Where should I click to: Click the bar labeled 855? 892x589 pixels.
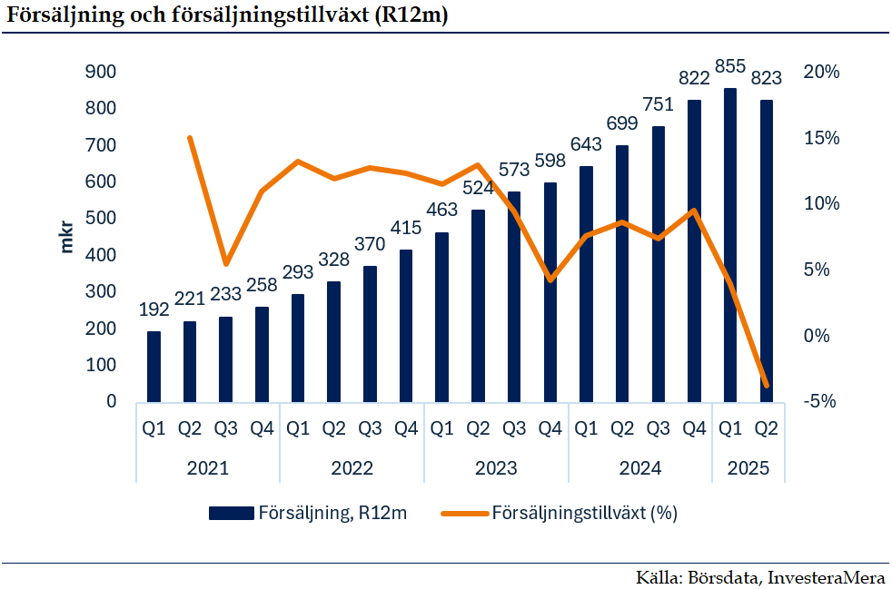[x=729, y=245]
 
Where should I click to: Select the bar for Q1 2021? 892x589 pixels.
[x=154, y=367]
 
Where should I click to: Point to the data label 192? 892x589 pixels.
[x=154, y=310]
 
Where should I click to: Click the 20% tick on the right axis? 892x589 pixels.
[x=823, y=73]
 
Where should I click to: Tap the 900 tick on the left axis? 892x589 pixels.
[x=101, y=73]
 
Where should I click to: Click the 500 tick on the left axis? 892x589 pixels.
[x=101, y=219]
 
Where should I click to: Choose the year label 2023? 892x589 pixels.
[x=496, y=468]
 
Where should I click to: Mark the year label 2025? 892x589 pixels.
[x=748, y=468]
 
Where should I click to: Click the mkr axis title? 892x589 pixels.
[x=66, y=237]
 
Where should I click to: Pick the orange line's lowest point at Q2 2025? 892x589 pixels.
[x=766, y=386]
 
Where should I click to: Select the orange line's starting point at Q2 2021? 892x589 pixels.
[x=190, y=138]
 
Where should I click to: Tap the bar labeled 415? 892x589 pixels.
[x=406, y=326]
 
